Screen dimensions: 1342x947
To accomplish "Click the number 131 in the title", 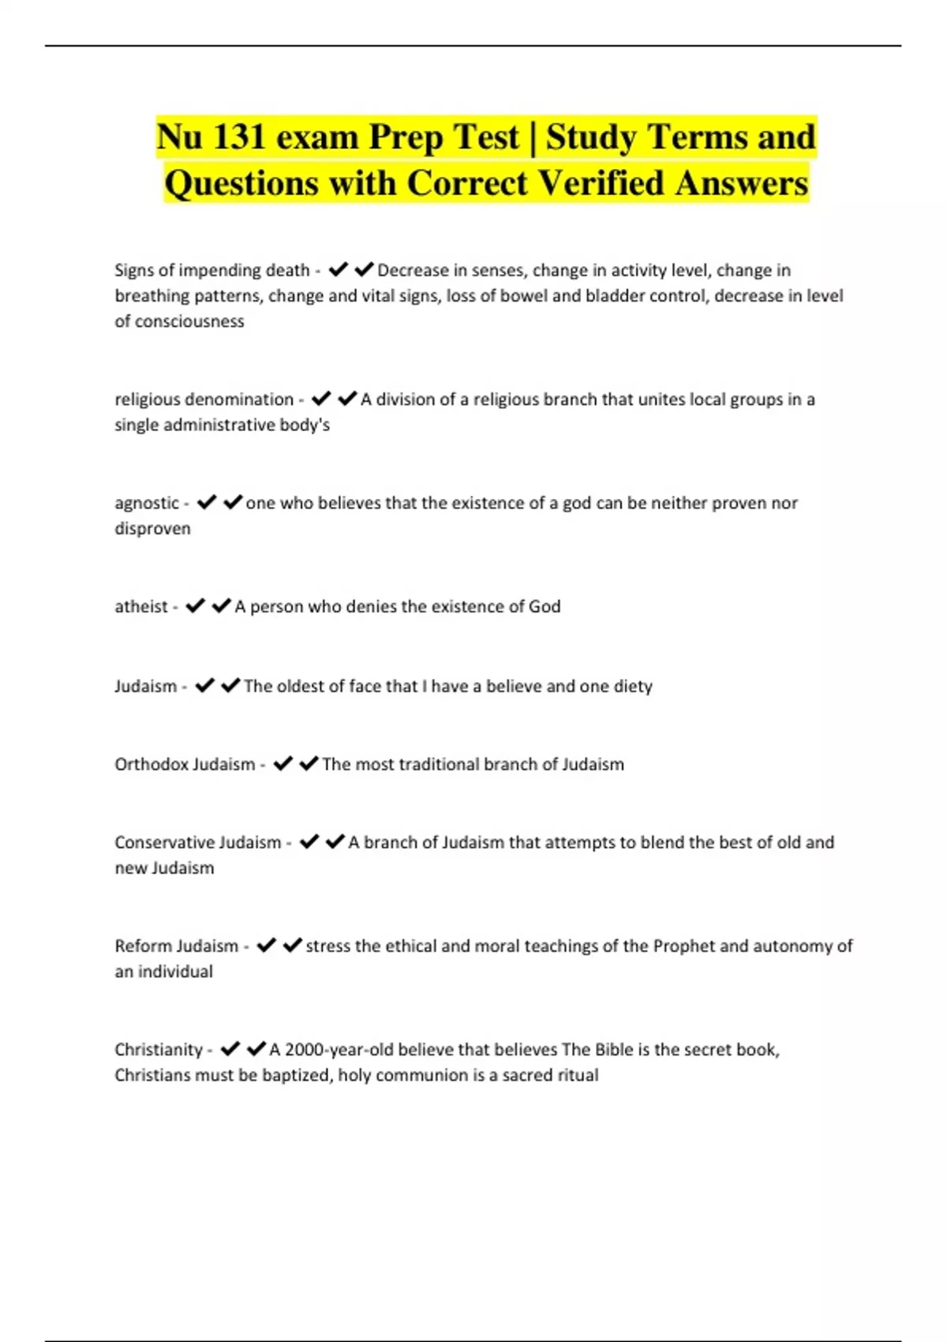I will coord(239,137).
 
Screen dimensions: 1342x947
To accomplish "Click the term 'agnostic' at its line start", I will coord(147,504).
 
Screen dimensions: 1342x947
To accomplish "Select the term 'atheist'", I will coord(141,607).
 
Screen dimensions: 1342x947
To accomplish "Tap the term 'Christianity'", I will coord(159,1050).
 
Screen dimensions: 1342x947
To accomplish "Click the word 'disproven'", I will coord(152,529).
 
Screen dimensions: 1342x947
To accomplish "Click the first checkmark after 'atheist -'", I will coord(195,606).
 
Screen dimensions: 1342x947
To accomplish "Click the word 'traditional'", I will coord(440,764).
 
